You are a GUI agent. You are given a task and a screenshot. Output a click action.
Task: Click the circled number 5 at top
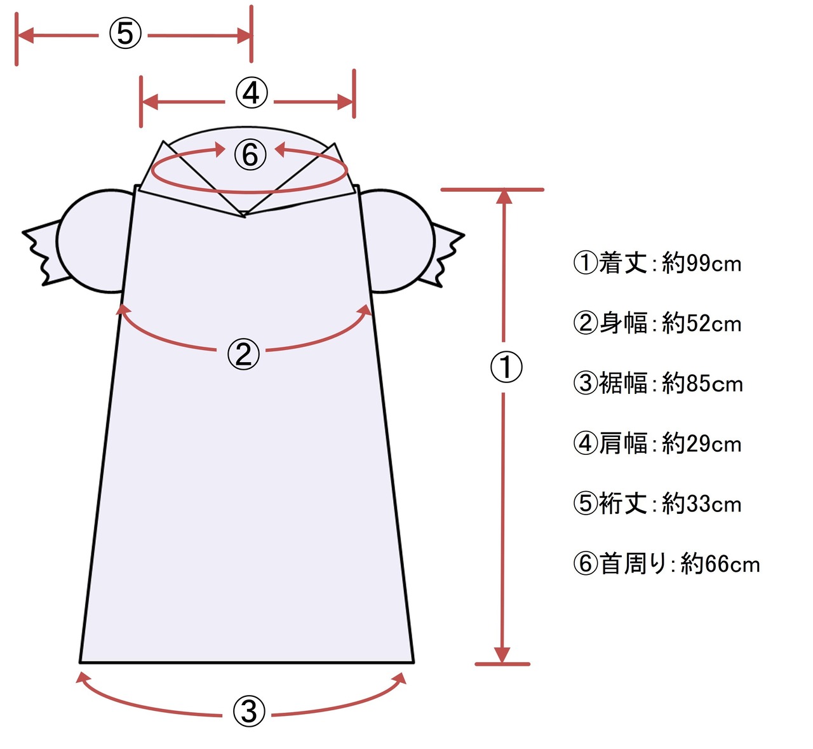pos(124,33)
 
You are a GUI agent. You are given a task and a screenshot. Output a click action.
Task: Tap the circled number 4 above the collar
pos(251,93)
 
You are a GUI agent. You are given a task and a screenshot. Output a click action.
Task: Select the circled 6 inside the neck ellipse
pos(250,154)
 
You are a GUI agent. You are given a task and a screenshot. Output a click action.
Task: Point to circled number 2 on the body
pos(244,354)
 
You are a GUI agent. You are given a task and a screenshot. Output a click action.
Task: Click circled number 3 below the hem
pos(249,712)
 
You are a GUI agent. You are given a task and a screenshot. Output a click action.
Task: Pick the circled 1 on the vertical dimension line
pos(506,367)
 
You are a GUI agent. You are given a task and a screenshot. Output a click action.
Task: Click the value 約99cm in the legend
pos(701,263)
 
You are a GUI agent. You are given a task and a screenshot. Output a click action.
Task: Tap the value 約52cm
pos(701,323)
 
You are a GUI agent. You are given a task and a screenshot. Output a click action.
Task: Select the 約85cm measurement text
pos(702,384)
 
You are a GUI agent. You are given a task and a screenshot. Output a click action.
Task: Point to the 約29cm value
pos(701,443)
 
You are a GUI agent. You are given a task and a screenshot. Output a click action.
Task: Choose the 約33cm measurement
pos(701,504)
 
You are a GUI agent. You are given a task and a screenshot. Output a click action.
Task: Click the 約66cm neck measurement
pos(720,564)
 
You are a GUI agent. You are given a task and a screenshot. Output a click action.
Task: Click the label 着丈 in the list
pos(622,263)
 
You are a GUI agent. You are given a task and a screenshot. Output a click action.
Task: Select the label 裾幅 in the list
pos(622,384)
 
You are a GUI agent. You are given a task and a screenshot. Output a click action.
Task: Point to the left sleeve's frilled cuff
pos(42,252)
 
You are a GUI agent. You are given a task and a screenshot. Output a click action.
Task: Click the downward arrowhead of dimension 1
pos(502,654)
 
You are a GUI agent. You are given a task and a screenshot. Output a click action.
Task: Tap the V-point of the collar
pos(245,215)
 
